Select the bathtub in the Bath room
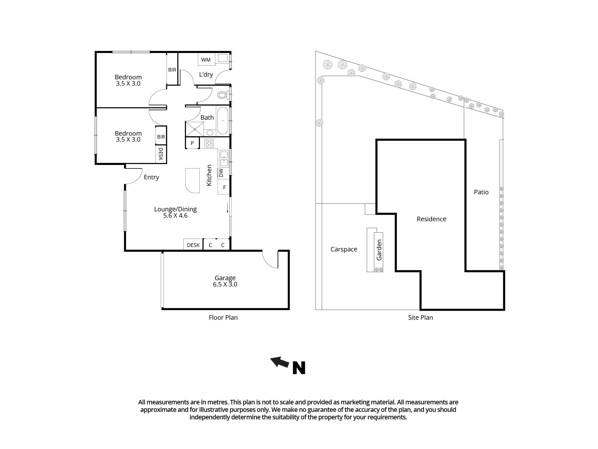pos(222,121)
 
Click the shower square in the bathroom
pos(195,129)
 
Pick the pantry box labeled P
pos(192,143)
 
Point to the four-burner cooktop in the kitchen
pos(209,143)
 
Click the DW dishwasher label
pos(221,173)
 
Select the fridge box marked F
pos(224,187)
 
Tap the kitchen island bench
pos(193,180)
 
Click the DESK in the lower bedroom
pos(161,154)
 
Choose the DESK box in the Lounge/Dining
pos(193,245)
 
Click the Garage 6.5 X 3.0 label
pos(225,281)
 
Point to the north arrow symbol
pos(280,362)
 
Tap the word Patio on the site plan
pos(481,192)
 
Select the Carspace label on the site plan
pos(344,249)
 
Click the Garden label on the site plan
pos(379,250)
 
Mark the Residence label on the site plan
pos(431,219)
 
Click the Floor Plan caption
pos(223,318)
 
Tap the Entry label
pos(151,177)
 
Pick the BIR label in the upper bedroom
pos(172,70)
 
